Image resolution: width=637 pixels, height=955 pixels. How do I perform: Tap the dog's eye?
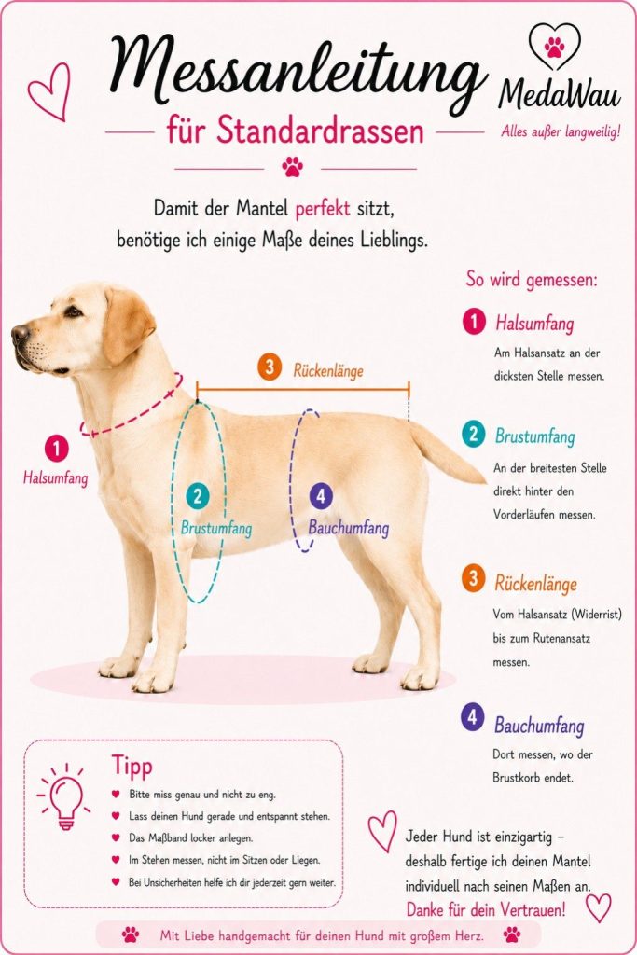[x=74, y=312]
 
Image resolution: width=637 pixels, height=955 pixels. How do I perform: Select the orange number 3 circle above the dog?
[x=270, y=367]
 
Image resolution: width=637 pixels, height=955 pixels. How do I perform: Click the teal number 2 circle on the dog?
[x=197, y=496]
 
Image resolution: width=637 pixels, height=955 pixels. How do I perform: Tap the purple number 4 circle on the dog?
[x=320, y=495]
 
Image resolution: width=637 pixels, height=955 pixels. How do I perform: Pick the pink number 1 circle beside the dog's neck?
[x=56, y=450]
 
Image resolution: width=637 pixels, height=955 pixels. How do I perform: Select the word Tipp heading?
[x=132, y=767]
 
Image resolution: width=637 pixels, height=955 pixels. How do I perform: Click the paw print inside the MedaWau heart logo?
[x=554, y=47]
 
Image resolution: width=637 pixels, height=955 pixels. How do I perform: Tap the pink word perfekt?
[x=323, y=209]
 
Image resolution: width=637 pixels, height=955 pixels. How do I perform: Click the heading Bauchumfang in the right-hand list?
[x=539, y=726]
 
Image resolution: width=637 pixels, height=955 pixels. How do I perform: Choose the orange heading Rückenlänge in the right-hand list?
[x=535, y=584]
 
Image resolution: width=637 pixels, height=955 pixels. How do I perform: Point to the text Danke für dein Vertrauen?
[x=486, y=910]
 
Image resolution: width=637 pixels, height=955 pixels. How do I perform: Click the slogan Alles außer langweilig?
[x=561, y=131]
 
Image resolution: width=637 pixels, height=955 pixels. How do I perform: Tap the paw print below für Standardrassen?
[x=292, y=166]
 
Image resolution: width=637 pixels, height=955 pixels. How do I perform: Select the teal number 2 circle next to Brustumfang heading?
[x=473, y=435]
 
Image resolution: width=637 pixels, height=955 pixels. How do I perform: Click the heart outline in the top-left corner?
[x=49, y=91]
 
